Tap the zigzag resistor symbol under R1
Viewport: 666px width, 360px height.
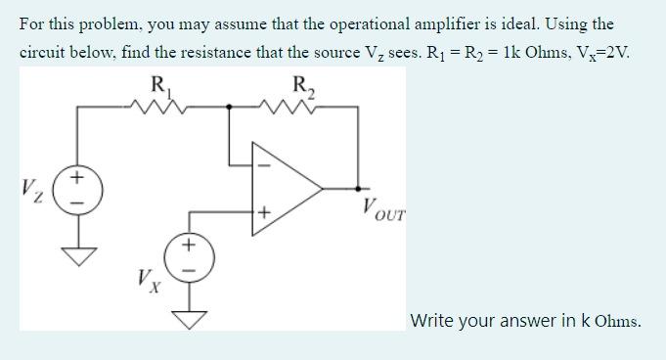(x=154, y=105)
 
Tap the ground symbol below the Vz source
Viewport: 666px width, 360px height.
(x=74, y=257)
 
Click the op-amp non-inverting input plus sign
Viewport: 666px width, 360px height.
(x=262, y=211)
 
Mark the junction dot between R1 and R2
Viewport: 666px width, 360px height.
(x=231, y=105)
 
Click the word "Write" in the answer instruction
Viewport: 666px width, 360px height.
(x=433, y=320)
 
